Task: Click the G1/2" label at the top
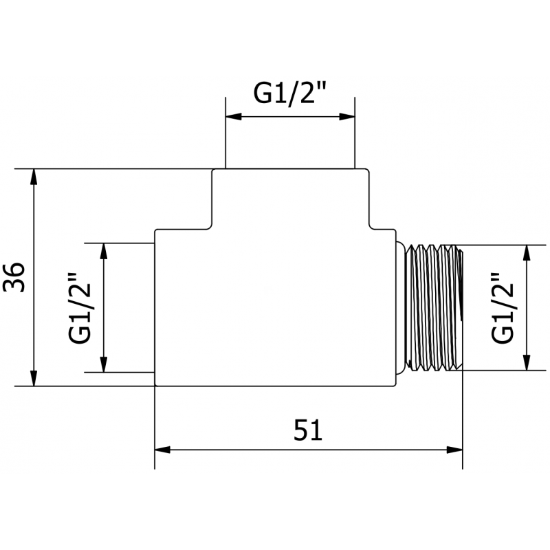289,95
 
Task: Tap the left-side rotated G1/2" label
81,308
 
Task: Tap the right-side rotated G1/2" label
504,308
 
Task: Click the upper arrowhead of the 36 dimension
33,176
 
